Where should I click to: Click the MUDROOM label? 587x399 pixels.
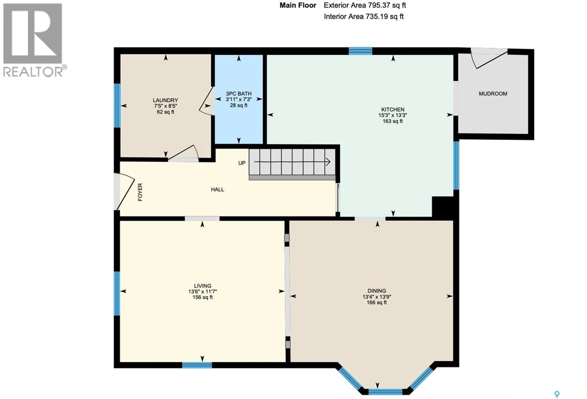493,94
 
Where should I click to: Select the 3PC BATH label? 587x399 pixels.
238,94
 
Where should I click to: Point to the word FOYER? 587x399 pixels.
140,192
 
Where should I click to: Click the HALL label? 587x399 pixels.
218,189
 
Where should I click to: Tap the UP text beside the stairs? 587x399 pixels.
242,163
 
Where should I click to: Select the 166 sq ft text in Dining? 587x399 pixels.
377,302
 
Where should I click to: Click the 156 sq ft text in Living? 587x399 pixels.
202,297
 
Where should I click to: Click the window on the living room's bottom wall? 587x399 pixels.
197,365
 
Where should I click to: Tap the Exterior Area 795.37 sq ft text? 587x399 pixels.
365,5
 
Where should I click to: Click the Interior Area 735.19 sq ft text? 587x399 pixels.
364,17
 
